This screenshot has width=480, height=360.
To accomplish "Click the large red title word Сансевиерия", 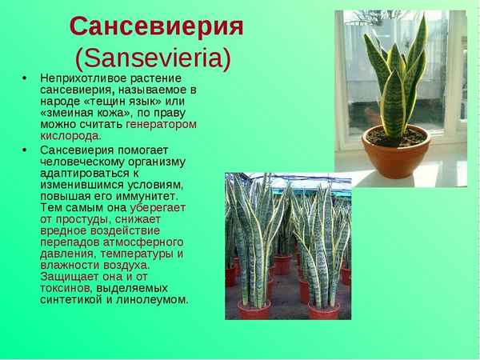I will pos(156,26).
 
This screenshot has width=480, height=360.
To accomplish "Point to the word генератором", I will pos(161,124).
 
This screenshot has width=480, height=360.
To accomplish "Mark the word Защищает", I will pos(69,276).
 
